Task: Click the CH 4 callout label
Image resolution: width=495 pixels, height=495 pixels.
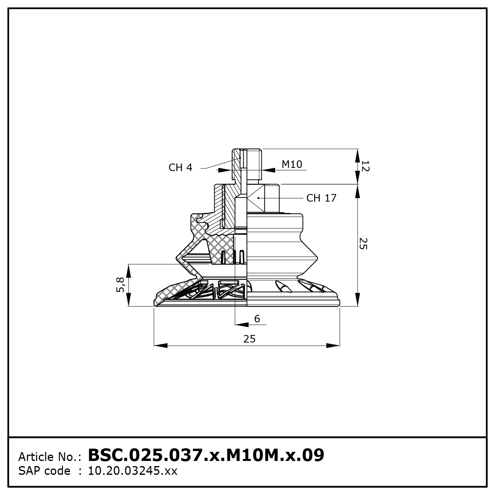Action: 180,168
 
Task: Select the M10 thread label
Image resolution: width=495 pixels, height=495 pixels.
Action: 292,164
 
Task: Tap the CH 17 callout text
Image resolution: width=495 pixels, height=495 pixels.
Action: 321,198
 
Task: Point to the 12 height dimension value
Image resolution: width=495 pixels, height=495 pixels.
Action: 365,166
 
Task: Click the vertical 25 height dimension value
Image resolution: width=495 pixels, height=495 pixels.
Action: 363,244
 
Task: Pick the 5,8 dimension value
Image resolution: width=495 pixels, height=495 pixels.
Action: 120,285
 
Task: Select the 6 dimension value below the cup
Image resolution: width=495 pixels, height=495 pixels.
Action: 257,318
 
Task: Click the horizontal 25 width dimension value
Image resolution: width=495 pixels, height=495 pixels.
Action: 249,339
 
